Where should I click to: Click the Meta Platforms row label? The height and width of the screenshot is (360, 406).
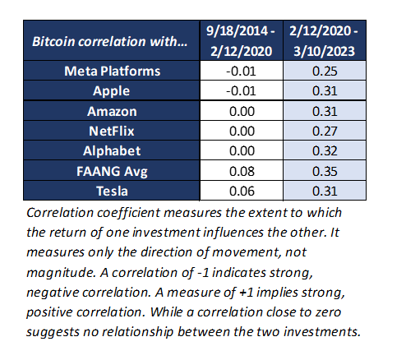(x=113, y=71)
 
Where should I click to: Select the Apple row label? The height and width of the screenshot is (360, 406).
(x=111, y=91)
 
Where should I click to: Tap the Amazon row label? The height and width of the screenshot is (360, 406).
(x=112, y=111)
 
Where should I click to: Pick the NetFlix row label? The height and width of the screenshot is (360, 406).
(x=112, y=131)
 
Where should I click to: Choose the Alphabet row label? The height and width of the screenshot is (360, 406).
(x=112, y=150)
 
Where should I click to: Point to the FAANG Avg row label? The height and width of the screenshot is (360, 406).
(x=112, y=171)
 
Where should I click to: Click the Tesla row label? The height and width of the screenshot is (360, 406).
(x=112, y=191)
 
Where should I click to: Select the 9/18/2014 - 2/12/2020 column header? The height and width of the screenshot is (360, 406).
(x=241, y=41)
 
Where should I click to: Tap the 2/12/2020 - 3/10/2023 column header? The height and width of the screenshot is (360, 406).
(x=324, y=41)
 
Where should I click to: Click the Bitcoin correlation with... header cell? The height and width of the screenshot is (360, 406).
(x=110, y=41)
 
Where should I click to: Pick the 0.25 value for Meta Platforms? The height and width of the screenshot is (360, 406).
(x=325, y=71)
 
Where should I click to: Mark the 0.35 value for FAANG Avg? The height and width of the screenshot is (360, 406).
(x=325, y=171)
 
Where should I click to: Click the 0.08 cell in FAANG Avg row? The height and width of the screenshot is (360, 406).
(x=242, y=171)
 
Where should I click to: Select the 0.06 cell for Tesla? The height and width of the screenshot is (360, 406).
(x=242, y=191)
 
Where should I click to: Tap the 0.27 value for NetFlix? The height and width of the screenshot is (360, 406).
(x=325, y=131)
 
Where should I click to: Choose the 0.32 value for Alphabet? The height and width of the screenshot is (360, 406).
(x=325, y=150)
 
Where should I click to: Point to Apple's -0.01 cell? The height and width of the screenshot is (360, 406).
(x=241, y=91)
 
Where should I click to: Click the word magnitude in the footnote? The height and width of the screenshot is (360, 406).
(x=61, y=273)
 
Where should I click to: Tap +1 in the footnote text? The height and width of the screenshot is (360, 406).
(x=246, y=293)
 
